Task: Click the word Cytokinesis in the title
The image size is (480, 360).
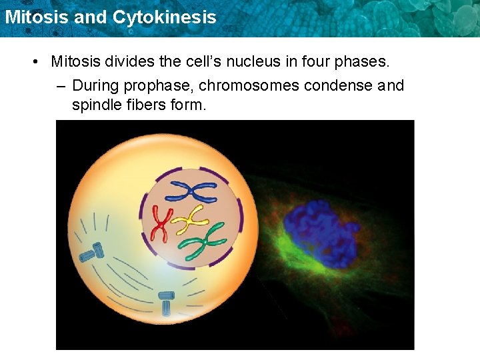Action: (165, 17)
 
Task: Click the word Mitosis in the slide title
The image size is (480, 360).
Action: (36, 17)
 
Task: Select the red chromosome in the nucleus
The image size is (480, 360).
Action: (160, 223)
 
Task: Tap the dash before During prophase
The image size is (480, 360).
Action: (61, 86)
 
